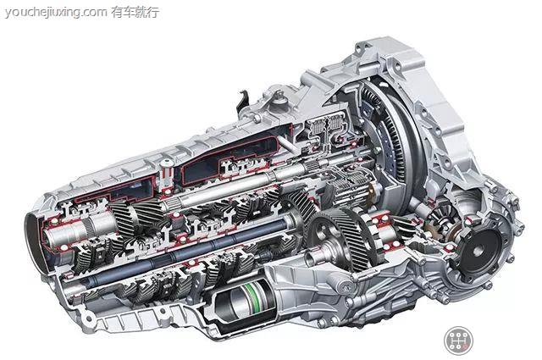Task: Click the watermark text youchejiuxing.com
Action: pos(56,13)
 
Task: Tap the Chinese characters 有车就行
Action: pos(135,12)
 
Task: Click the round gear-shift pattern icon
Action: pos(458,340)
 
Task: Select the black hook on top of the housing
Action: pos(243,101)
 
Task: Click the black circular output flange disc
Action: pos(480,250)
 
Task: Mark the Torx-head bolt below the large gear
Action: pos(346,285)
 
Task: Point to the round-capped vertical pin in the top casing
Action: pos(167,174)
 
